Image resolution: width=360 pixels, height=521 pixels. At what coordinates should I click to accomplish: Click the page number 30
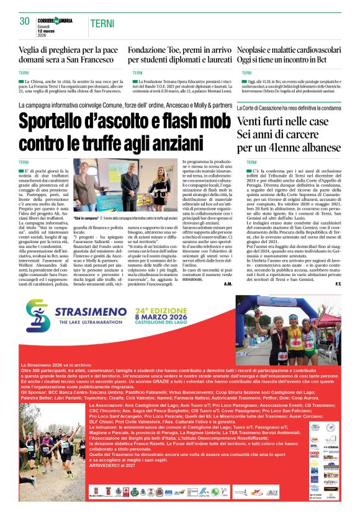(25, 21)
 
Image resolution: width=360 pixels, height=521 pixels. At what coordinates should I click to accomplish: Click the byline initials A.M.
(227, 284)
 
